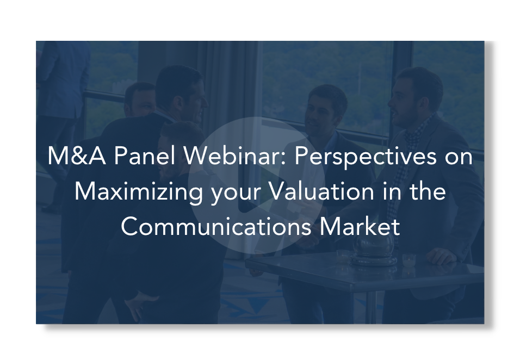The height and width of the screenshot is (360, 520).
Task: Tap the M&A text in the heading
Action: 77,156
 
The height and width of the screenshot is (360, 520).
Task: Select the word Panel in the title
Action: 145,156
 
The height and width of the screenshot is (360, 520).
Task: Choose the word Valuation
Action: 321,191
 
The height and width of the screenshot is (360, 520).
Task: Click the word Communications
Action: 216,227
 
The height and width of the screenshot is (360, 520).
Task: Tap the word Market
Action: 360,227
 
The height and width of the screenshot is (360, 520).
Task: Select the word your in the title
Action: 236,195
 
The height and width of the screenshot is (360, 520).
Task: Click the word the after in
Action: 428,191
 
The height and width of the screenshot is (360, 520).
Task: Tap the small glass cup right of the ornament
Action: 409,259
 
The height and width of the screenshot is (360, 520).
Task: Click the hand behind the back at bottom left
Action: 139,304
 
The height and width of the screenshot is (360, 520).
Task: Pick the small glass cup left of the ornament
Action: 343,256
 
